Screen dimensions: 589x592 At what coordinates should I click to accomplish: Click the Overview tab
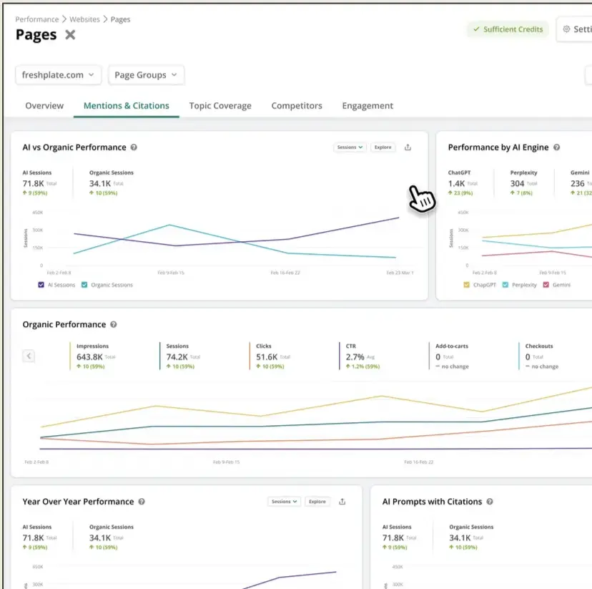[x=44, y=105]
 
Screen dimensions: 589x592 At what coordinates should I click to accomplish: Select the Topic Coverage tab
[x=220, y=105]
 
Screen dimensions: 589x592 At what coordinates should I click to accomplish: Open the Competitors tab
[x=297, y=105]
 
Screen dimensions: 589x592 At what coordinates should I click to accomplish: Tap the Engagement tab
[x=367, y=105]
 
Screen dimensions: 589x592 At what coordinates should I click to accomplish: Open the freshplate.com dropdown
[x=59, y=74]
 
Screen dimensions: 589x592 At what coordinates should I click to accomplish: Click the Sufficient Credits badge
[x=507, y=29]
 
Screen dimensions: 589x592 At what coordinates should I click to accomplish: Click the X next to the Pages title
[x=70, y=35]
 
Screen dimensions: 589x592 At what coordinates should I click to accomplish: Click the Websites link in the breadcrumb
[x=85, y=19]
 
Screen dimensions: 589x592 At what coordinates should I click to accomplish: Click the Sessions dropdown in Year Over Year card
[x=285, y=502]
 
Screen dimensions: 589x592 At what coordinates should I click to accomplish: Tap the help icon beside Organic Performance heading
[x=114, y=324]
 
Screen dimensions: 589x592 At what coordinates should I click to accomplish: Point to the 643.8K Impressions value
[x=89, y=356]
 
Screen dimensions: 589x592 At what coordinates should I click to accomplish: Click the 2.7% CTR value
[x=355, y=356]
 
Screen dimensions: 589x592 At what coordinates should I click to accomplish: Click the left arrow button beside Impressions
[x=29, y=355]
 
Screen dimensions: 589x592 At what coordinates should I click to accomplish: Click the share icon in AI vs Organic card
[x=408, y=147]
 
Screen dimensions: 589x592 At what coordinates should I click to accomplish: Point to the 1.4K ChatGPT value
[x=456, y=183]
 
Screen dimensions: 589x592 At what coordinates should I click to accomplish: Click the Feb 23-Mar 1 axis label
[x=400, y=273]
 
